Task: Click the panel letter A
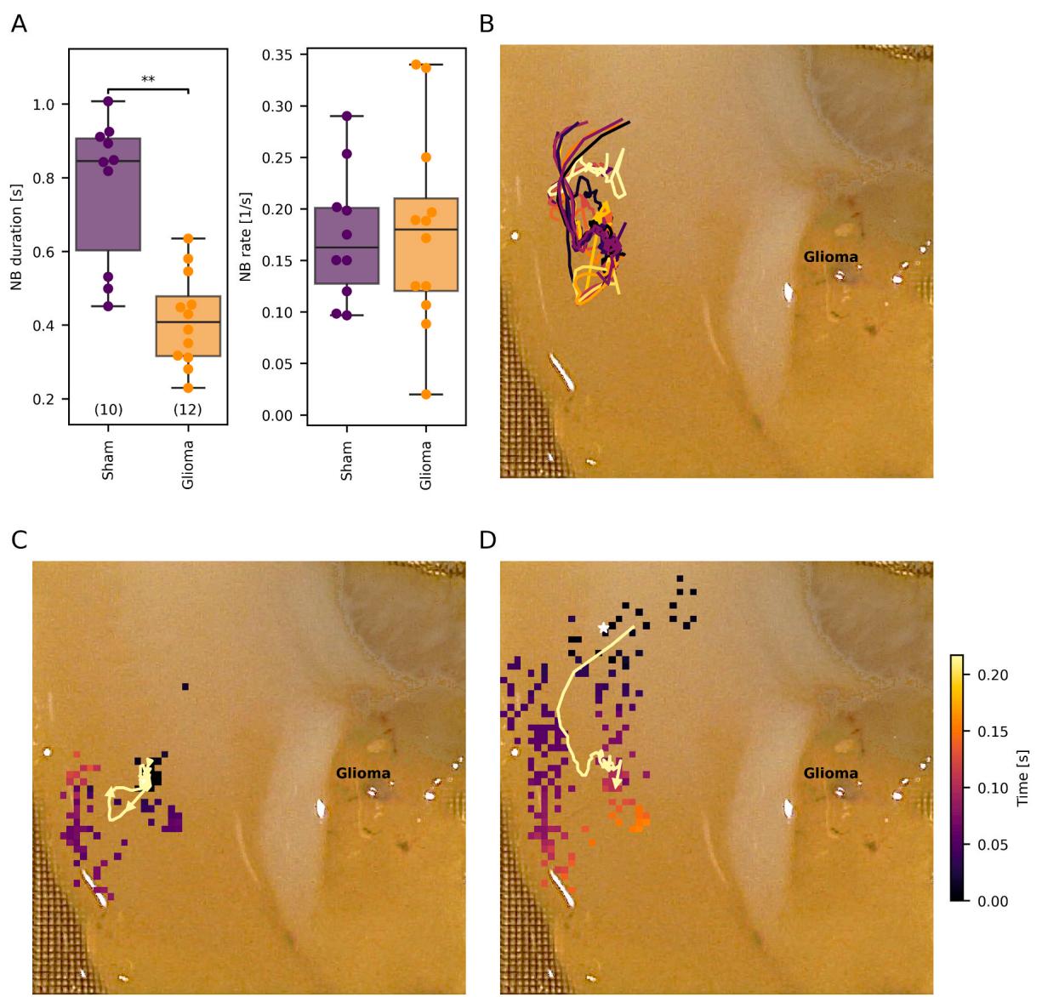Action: pos(19,25)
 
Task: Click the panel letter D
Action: pos(487,541)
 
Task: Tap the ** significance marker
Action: pos(148,80)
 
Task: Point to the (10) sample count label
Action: pos(108,410)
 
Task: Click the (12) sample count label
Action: pos(187,410)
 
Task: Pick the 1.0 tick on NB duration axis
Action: pos(44,105)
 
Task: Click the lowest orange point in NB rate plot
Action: pos(426,394)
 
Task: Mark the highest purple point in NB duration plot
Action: pos(108,101)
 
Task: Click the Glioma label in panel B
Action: pos(831,257)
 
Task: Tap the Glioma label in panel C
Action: pos(363,773)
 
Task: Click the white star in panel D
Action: pos(604,628)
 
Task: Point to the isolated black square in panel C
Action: pos(185,687)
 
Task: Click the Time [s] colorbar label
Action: pos(1023,778)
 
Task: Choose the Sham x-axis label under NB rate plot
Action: pos(346,460)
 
